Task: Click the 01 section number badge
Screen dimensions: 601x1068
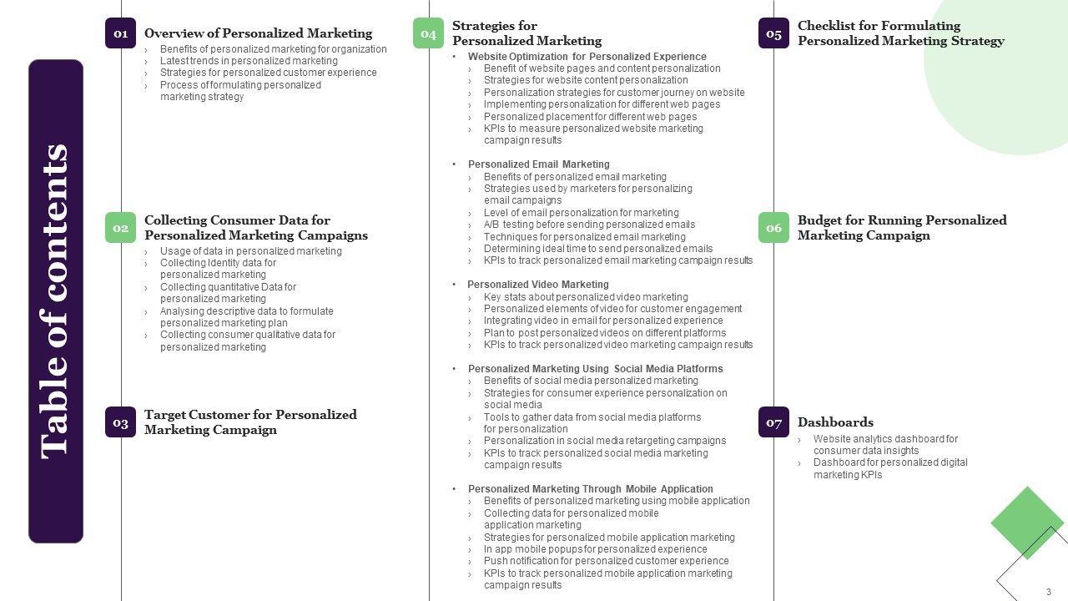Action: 120,33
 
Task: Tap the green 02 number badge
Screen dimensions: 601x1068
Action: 120,228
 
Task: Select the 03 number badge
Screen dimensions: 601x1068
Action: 120,422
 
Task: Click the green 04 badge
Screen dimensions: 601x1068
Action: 428,33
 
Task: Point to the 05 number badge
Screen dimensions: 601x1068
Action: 773,33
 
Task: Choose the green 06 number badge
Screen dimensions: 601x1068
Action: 773,228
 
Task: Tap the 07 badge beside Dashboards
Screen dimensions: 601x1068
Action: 773,422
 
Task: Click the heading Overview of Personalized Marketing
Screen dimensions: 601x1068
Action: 258,33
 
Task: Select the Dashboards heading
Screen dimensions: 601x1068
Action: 835,422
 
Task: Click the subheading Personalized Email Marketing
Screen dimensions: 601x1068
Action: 538,164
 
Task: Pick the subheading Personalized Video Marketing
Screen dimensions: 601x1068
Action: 538,285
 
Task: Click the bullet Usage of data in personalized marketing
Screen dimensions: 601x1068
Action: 250,251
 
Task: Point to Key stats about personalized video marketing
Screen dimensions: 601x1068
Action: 586,297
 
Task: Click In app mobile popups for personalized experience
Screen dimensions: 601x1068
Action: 595,549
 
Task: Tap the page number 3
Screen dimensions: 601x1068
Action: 1049,592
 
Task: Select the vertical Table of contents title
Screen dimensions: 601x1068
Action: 55,300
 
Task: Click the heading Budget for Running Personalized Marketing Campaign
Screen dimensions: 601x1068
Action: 901,228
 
